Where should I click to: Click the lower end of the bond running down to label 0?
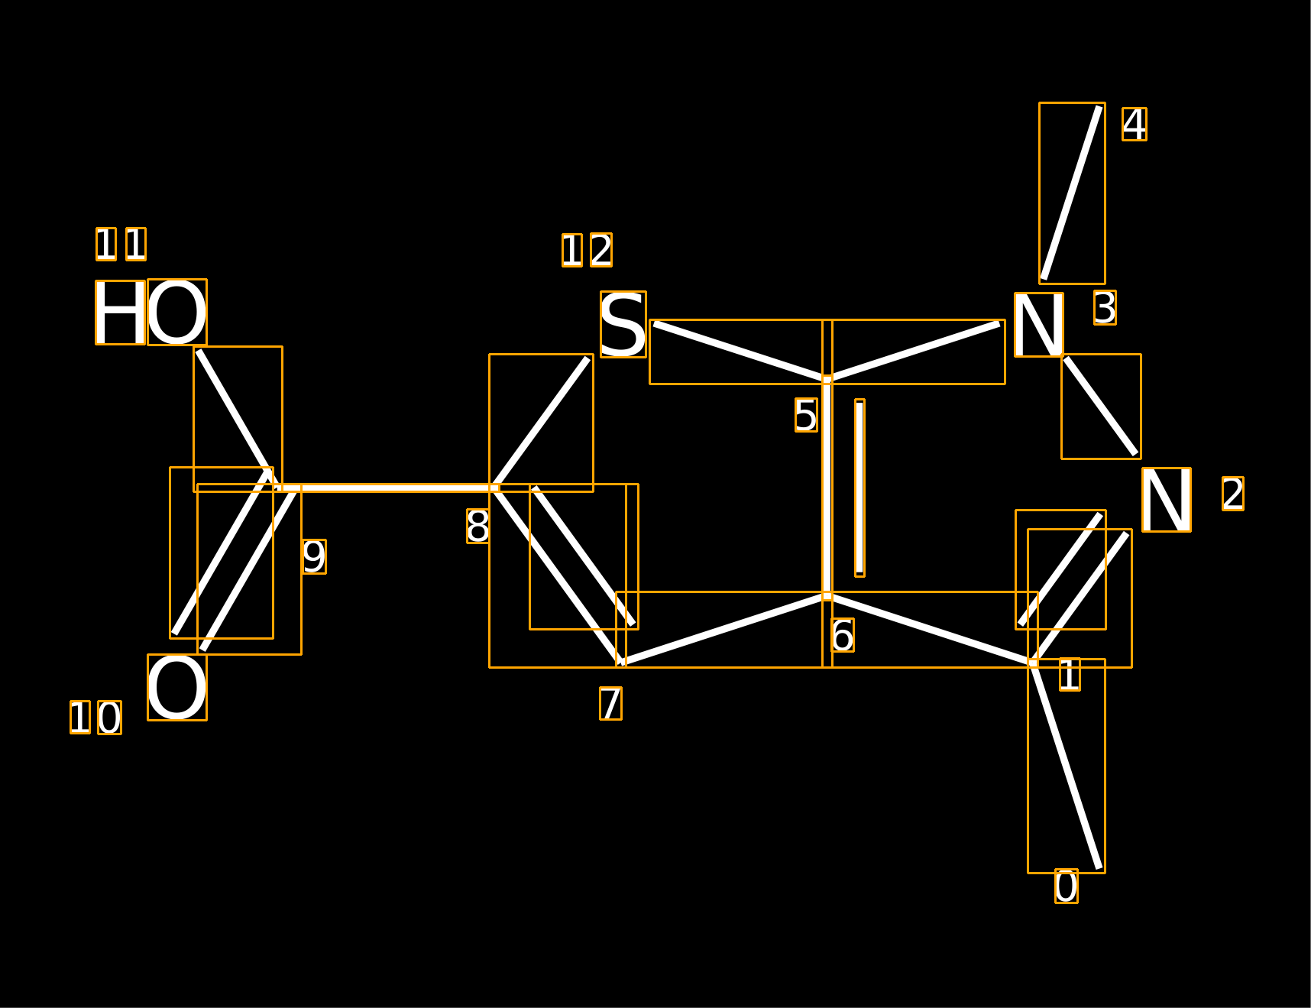[x=1100, y=868]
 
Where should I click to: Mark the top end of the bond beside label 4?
[x=1100, y=107]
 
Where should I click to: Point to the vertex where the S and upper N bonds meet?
[x=827, y=379]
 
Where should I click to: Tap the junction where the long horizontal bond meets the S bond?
[x=494, y=488]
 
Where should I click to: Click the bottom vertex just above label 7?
[x=622, y=663]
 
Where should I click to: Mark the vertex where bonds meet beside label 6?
[x=827, y=596]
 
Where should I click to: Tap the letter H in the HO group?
[x=120, y=313]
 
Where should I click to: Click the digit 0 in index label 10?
[x=109, y=718]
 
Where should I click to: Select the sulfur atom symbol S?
[x=623, y=324]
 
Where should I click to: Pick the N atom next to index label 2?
[x=1166, y=500]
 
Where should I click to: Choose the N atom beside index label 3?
[x=1039, y=325]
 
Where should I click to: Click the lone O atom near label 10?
[x=177, y=687]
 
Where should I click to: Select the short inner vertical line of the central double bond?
[x=859, y=488]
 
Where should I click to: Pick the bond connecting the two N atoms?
[x=1101, y=407]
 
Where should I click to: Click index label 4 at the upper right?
[x=1135, y=124]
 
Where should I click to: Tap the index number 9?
[x=314, y=556]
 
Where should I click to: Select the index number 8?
[x=478, y=526]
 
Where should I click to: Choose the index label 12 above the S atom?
[x=587, y=250]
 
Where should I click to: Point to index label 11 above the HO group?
[x=121, y=245]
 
